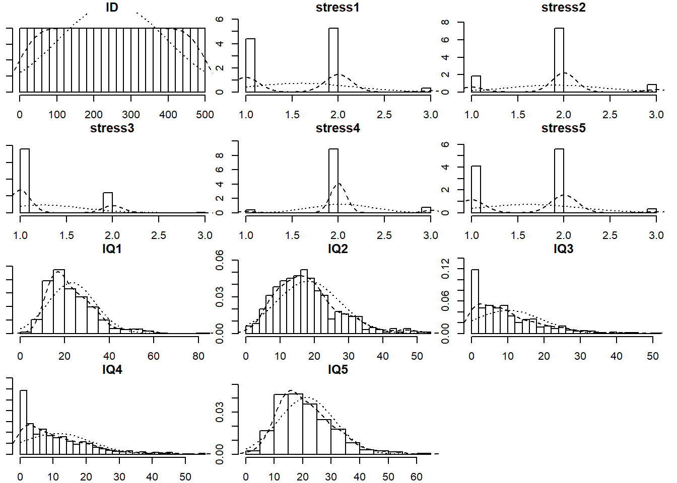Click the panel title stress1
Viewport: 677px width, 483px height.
tap(337, 8)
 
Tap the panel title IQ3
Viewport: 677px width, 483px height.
tap(563, 249)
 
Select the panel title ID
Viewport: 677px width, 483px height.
tap(112, 8)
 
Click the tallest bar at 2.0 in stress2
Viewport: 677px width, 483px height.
tap(559, 60)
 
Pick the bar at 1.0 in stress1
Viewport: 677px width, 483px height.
tap(250, 65)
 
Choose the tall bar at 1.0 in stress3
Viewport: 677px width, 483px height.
tap(25, 181)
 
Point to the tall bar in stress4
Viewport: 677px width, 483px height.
tap(333, 181)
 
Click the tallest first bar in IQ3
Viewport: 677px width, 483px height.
tap(475, 302)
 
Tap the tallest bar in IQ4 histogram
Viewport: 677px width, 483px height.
tap(23, 423)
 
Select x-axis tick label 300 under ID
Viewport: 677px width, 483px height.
tap(131, 115)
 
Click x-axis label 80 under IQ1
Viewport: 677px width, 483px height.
tap(198, 356)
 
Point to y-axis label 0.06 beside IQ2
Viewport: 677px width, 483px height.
tap(220, 260)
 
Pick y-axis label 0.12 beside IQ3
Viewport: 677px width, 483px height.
tap(445, 269)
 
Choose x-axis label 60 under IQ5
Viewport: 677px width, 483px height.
tap(417, 477)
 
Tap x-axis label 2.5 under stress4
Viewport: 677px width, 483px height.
tap(384, 235)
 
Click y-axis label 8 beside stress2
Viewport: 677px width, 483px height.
tap(445, 23)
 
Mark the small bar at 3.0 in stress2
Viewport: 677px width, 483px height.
tap(652, 88)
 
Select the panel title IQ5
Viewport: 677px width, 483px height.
tap(337, 370)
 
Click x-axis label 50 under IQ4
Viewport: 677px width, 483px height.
tap(185, 477)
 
